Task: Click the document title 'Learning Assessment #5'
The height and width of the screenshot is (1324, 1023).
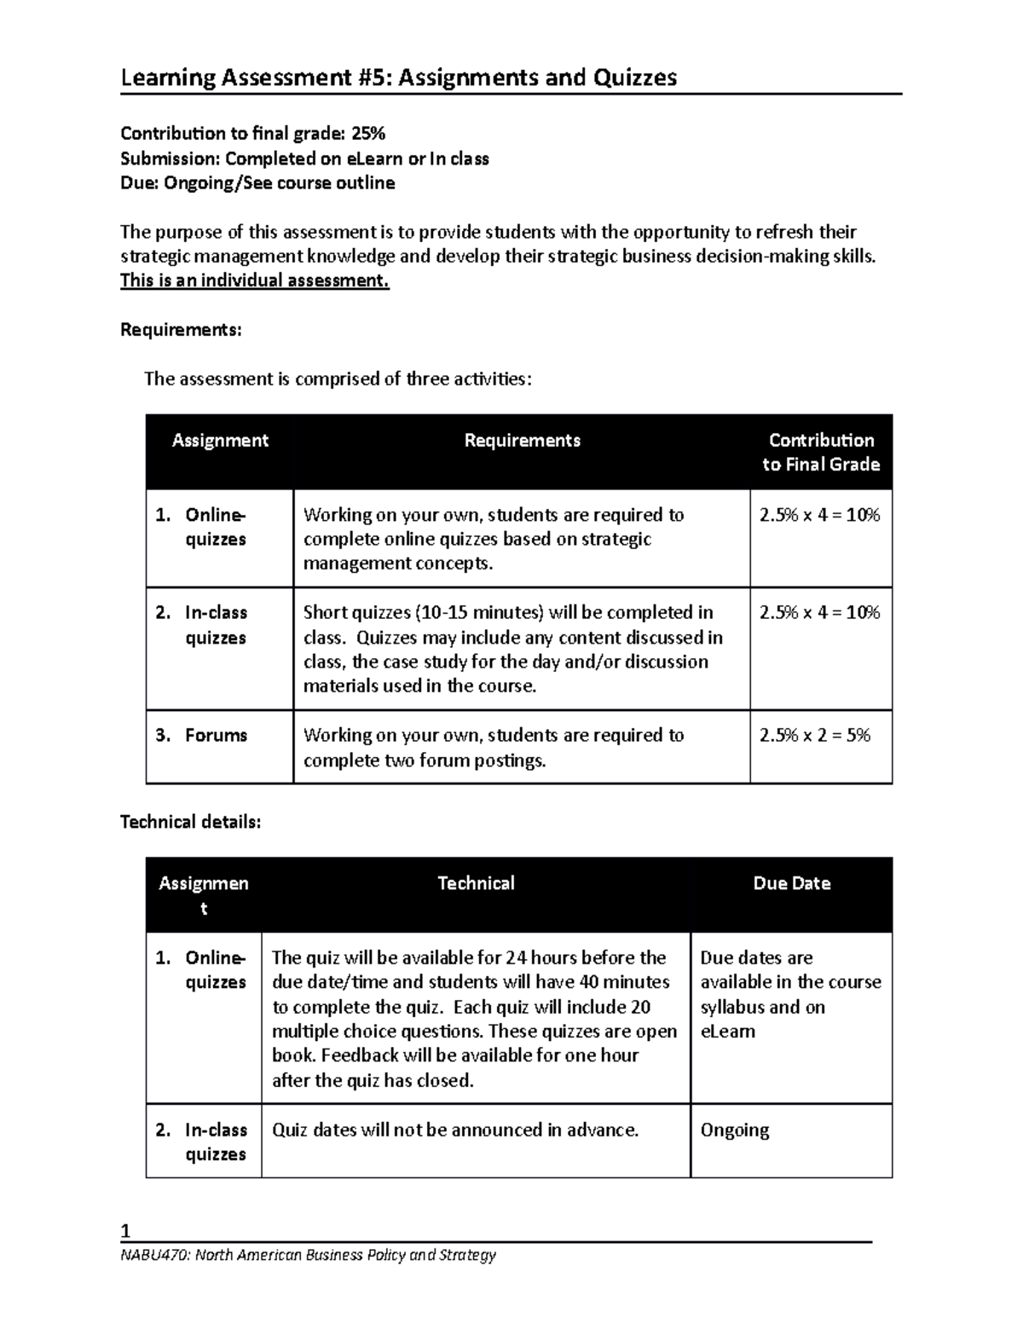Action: pos(256,78)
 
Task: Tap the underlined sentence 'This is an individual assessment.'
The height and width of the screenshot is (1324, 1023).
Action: pos(254,281)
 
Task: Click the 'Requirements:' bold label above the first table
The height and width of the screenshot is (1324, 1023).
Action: pos(181,330)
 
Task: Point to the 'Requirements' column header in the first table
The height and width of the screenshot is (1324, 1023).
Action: pos(522,441)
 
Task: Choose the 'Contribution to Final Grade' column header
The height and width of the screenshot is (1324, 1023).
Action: pos(821,452)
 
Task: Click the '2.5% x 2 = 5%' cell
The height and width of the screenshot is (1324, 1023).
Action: pos(814,735)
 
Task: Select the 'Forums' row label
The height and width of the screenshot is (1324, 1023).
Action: pos(216,735)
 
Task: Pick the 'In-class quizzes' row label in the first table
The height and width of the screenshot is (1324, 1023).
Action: pos(216,625)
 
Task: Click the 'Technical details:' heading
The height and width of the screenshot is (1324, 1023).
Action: pos(190,822)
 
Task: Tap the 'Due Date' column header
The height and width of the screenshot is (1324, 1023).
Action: pos(791,883)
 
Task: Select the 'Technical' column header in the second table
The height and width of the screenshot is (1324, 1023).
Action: pos(476,883)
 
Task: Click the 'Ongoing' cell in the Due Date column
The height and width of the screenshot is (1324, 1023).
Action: pos(734,1130)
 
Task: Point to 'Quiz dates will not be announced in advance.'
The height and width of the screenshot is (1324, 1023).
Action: pos(454,1130)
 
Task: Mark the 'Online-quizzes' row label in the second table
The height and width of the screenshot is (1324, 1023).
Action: pos(215,969)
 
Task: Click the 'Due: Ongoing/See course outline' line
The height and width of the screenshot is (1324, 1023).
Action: pos(257,182)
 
